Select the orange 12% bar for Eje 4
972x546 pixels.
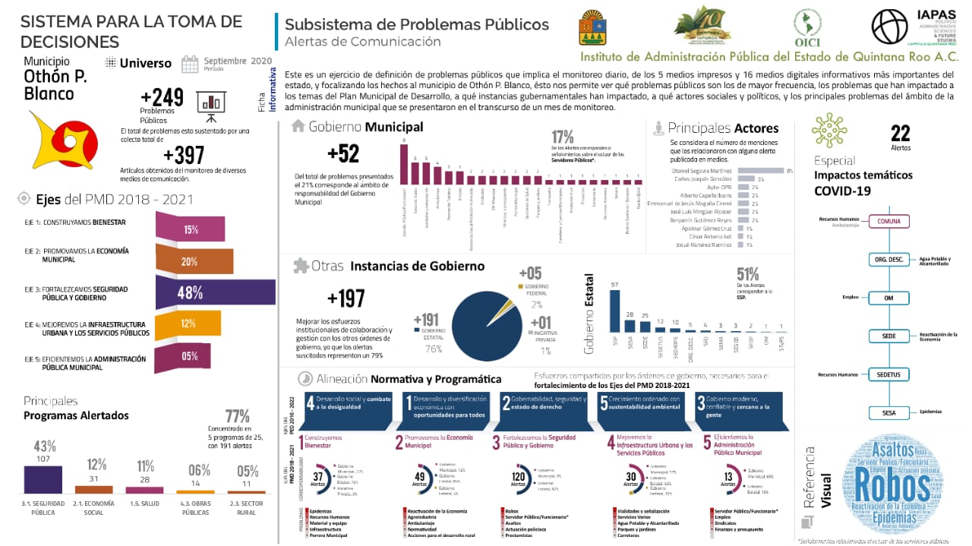coord(188,324)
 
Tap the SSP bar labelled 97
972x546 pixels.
coord(614,311)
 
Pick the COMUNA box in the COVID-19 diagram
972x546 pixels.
coord(888,222)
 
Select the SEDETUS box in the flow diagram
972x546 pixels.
coord(888,374)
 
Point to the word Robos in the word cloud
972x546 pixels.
coord(888,483)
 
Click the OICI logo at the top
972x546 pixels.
coord(807,28)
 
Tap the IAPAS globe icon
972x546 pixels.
coord(889,27)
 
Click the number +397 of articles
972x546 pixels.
coord(184,155)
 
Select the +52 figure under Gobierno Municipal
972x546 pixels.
coord(343,154)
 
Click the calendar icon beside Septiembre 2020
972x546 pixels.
coord(190,63)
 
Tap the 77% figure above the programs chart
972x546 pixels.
coord(237,416)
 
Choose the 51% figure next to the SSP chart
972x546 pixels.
coord(748,273)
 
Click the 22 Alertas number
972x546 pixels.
coord(900,134)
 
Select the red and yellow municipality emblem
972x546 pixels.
coord(59,140)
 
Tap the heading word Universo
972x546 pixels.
coord(146,63)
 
